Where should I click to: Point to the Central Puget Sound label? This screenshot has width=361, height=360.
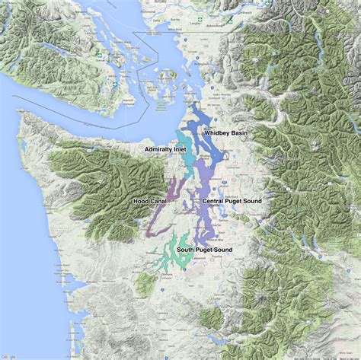tap(232, 201)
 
